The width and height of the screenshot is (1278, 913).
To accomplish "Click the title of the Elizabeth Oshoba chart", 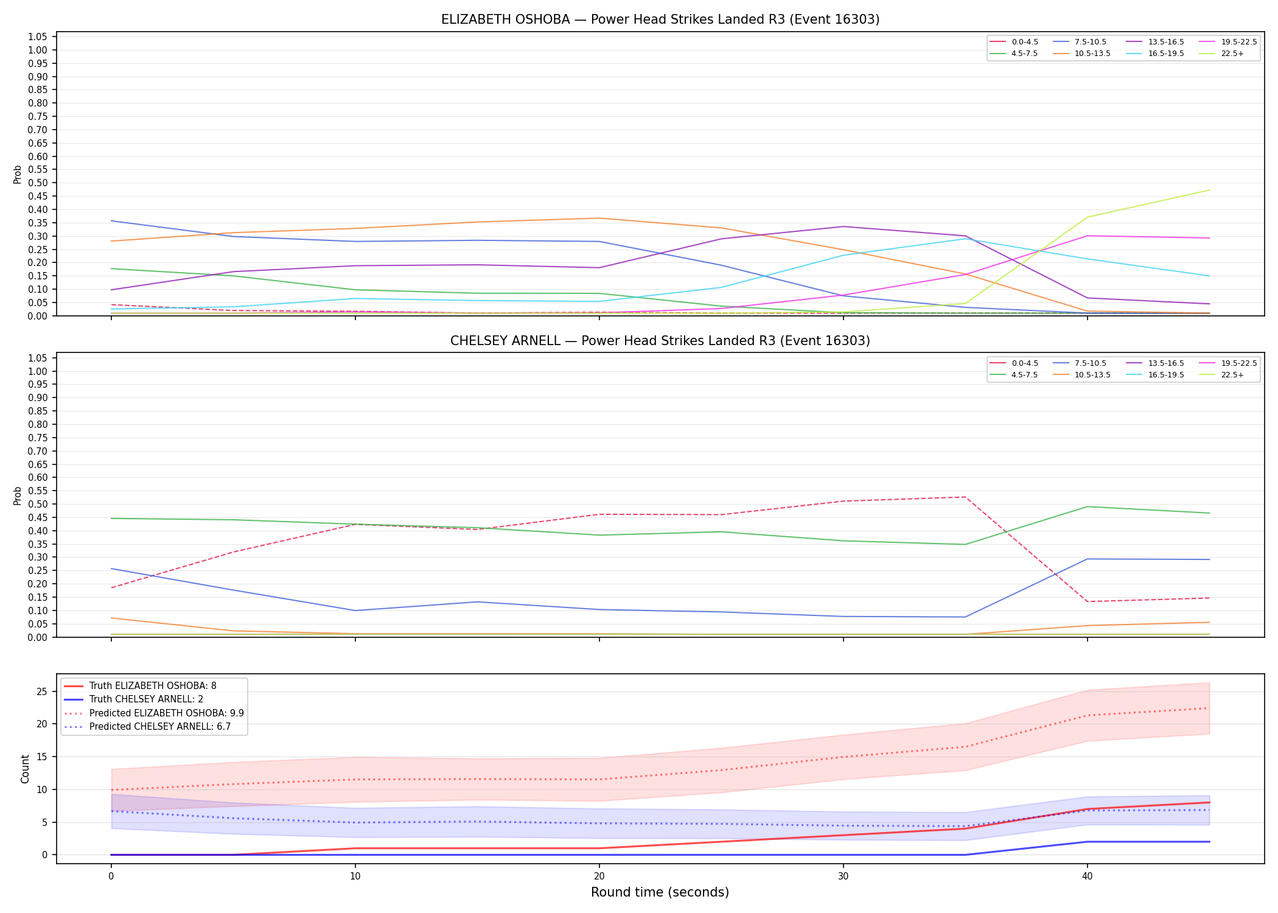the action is point(660,19).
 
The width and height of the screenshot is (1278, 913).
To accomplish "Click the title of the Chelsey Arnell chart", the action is point(660,341).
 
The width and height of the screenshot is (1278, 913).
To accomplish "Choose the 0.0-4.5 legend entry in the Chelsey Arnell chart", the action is point(1014,363).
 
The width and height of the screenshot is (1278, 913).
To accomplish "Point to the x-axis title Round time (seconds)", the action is point(660,892).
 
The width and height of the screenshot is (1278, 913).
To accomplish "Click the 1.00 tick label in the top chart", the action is point(38,51).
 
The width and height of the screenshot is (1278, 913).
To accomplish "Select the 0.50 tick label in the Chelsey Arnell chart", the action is point(38,504).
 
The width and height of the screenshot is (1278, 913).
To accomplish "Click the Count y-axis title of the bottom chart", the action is point(25,769).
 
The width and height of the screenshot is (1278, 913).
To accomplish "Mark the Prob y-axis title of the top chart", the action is point(18,174).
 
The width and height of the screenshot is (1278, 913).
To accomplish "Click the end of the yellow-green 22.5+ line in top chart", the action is point(1209,190).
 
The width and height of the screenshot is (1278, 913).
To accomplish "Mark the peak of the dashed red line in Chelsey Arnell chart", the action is point(965,497).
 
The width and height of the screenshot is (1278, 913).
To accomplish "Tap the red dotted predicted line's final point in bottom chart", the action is point(1209,708).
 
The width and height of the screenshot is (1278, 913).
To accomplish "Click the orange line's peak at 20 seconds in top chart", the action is point(599,218).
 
